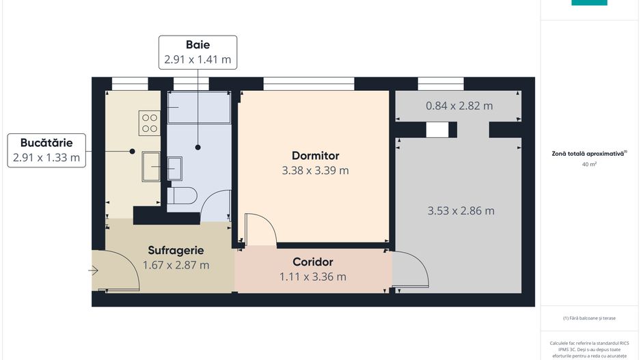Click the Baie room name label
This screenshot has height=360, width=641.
click(x=197, y=44)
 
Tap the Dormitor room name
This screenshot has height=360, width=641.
click(x=315, y=156)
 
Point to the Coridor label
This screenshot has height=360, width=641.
click(x=312, y=262)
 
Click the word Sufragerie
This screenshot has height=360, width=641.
click(x=176, y=251)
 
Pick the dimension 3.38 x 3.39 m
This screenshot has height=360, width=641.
click(x=315, y=171)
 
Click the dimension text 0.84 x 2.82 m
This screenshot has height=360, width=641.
click(x=459, y=106)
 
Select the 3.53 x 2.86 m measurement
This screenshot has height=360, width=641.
click(x=461, y=211)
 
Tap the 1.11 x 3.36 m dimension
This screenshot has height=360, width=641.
click(x=312, y=277)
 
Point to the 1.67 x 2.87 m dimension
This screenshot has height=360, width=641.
click(x=176, y=265)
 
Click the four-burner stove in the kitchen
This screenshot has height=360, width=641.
click(x=149, y=122)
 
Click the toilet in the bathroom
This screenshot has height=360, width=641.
click(x=182, y=197)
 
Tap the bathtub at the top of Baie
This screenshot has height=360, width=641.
click(x=199, y=108)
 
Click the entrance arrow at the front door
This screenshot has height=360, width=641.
click(x=94, y=271)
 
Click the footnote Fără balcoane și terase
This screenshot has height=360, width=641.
click(x=589, y=318)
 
